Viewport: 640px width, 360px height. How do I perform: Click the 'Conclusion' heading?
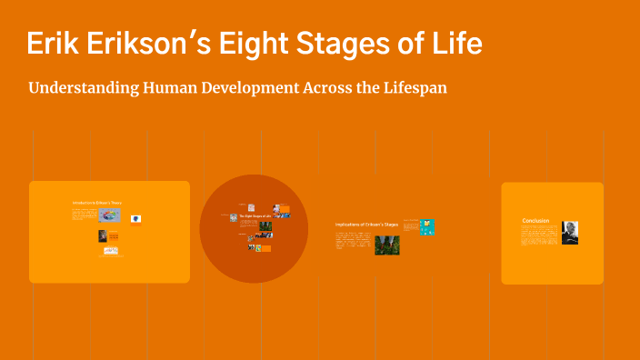pyautogui.click(x=535, y=221)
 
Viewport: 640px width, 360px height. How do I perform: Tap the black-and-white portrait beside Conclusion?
pyautogui.click(x=569, y=233)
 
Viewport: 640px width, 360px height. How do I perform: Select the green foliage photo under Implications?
pyautogui.click(x=387, y=245)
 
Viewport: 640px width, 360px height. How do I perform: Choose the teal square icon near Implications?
pyautogui.click(x=426, y=226)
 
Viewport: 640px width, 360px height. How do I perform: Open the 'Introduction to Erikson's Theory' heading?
pyautogui.click(x=96, y=202)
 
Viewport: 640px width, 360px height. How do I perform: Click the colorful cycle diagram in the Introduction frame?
pyautogui.click(x=110, y=215)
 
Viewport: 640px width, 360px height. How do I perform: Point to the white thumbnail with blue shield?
pyautogui.click(x=135, y=218)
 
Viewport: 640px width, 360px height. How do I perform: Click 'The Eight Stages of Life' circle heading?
pyautogui.click(x=255, y=215)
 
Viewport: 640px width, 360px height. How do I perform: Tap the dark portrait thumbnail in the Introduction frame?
pyautogui.click(x=103, y=235)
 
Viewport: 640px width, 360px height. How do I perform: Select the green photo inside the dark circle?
pyautogui.click(x=265, y=225)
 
